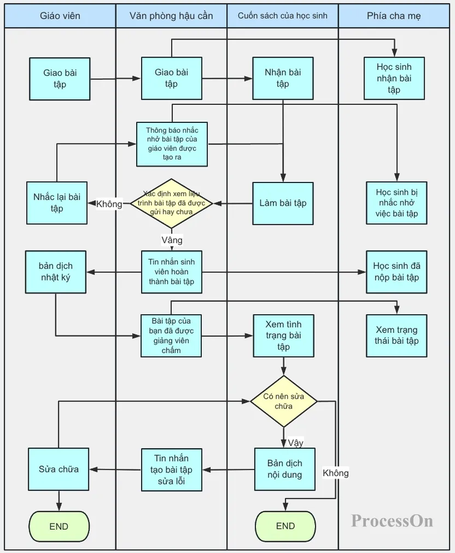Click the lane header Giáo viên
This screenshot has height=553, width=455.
pyautogui.click(x=60, y=16)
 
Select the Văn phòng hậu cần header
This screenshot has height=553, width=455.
pyautogui.click(x=171, y=16)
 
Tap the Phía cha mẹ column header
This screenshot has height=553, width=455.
pyautogui.click(x=393, y=16)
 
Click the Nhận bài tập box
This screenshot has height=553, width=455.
pyautogui.click(x=283, y=78)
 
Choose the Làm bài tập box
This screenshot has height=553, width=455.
pyautogui.click(x=283, y=203)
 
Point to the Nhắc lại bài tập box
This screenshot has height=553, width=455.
pyautogui.click(x=57, y=203)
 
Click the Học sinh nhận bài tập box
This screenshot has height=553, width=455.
pyautogui.click(x=394, y=78)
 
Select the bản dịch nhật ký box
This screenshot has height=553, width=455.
pyautogui.click(x=56, y=272)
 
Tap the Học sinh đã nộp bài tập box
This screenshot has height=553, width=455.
pyautogui.click(x=396, y=272)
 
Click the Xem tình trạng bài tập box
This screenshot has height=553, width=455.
pyautogui.click(x=283, y=335)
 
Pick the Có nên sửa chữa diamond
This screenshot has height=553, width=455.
pyautogui.click(x=283, y=401)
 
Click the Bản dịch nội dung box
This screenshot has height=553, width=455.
pyautogui.click(x=285, y=469)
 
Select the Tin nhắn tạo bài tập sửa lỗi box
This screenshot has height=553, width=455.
pyautogui.click(x=171, y=470)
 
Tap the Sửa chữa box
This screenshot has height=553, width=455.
pyautogui.click(x=58, y=469)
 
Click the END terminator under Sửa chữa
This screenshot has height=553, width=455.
pyautogui.click(x=58, y=526)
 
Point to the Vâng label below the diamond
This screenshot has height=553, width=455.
pyautogui.click(x=172, y=240)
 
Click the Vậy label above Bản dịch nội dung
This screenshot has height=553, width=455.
pyautogui.click(x=296, y=443)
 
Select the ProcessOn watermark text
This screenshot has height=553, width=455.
pyautogui.click(x=392, y=520)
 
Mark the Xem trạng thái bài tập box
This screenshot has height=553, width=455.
pyautogui.click(x=397, y=335)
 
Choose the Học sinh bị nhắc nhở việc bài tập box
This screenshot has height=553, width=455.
pyautogui.click(x=397, y=203)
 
